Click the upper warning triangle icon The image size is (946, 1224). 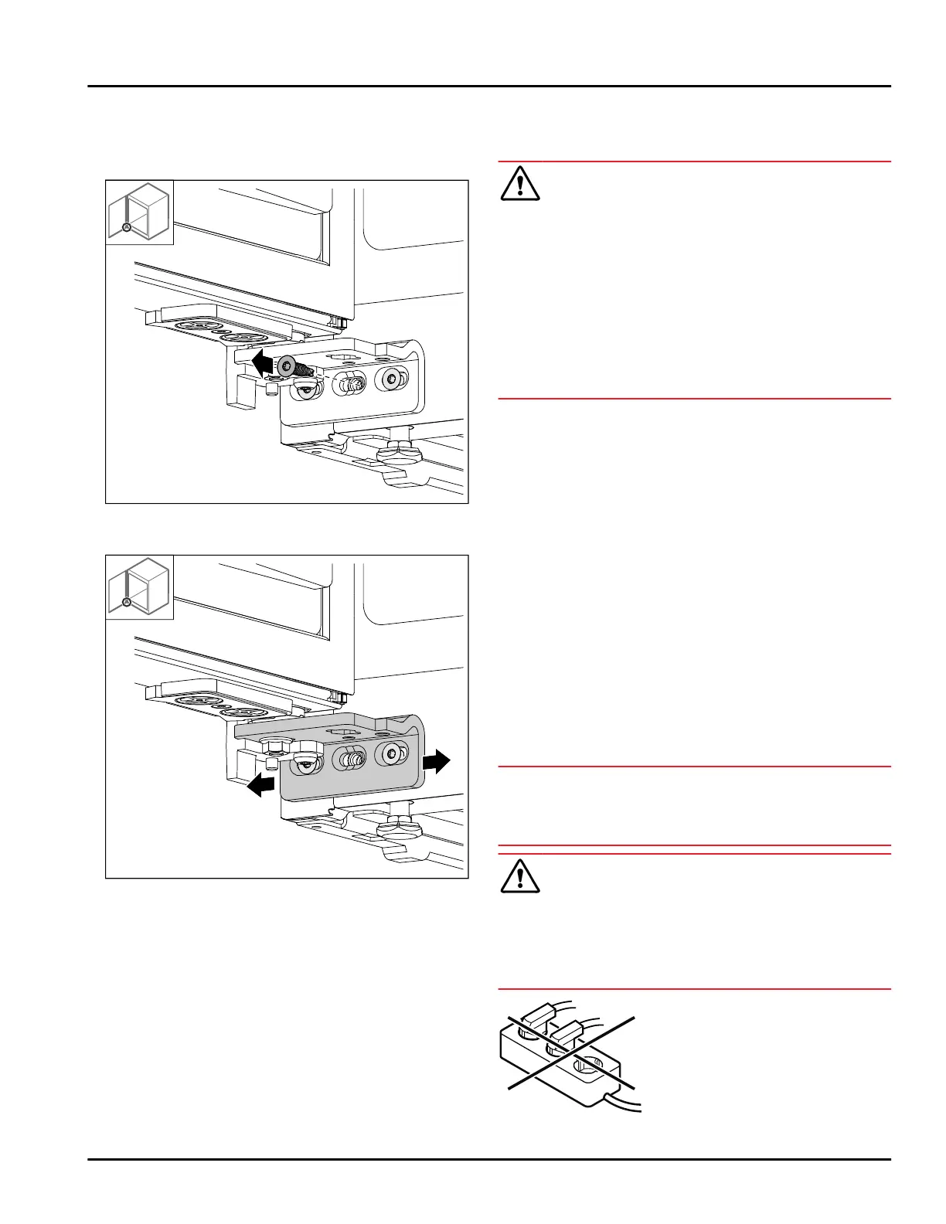[x=520, y=184]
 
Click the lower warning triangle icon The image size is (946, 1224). [x=520, y=875]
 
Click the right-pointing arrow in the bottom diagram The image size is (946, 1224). [x=436, y=761]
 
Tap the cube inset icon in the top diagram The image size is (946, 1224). [x=140, y=212]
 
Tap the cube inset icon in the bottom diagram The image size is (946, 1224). [x=140, y=586]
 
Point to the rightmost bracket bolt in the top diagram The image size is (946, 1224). [x=390, y=379]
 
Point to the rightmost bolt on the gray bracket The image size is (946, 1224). [x=390, y=754]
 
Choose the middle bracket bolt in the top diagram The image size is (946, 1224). [x=349, y=383]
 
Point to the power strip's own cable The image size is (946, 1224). [x=626, y=1100]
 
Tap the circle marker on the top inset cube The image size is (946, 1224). [x=126, y=228]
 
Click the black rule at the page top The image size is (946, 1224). [x=488, y=86]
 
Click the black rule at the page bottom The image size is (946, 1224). [x=488, y=1159]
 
